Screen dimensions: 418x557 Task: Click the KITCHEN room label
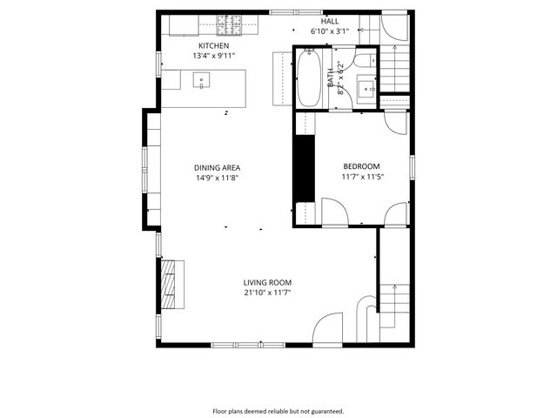(x=213, y=45)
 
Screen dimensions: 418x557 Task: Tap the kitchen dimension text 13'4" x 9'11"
(x=213, y=56)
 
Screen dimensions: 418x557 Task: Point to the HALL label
(x=330, y=21)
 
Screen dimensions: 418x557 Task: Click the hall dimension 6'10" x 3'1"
(x=330, y=31)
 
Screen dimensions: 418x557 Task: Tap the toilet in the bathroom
(x=367, y=61)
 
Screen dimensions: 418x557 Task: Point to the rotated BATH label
(x=331, y=78)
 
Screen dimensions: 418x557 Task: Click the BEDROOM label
(x=361, y=166)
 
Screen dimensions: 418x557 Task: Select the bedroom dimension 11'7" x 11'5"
(x=361, y=177)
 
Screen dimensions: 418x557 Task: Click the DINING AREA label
(x=217, y=167)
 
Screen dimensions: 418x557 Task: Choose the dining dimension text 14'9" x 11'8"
(x=217, y=178)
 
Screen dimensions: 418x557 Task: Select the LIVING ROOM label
(x=267, y=282)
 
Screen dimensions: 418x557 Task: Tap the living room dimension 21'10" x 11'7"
(x=267, y=293)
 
